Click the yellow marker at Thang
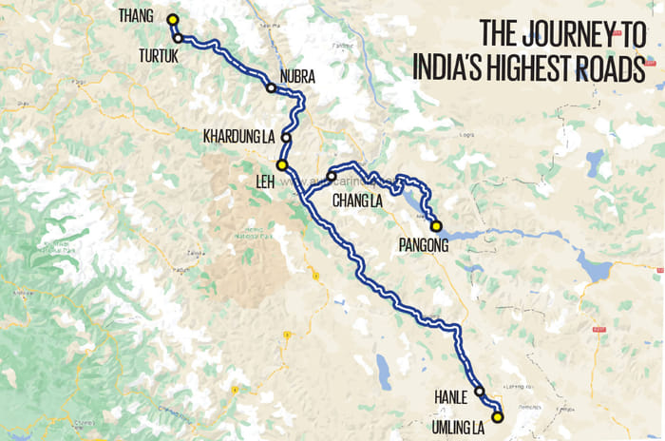pyautogui.click(x=172, y=20)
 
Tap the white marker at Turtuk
pyautogui.click(x=178, y=38)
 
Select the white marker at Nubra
pyautogui.click(x=271, y=88)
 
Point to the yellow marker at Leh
pyautogui.click(x=281, y=164)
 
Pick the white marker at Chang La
pyautogui.click(x=331, y=177)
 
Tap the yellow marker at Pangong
pyautogui.click(x=436, y=225)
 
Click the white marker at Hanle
pyautogui.click(x=479, y=392)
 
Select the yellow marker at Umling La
pyautogui.click(x=496, y=416)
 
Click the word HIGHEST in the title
pyautogui.click(x=532, y=68)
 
